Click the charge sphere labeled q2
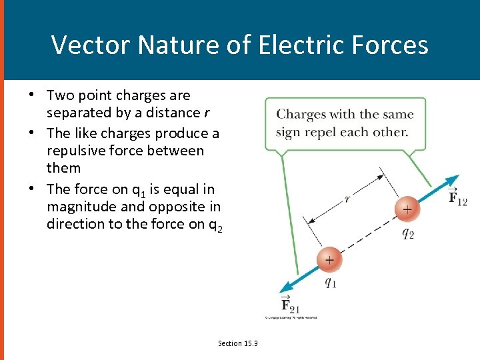[407, 209]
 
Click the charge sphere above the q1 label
[329, 259]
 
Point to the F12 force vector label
[457, 197]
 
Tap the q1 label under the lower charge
[330, 281]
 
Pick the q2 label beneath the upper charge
[408, 233]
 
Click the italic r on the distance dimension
[348, 197]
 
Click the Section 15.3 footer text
[238, 343]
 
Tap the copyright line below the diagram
[291, 317]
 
